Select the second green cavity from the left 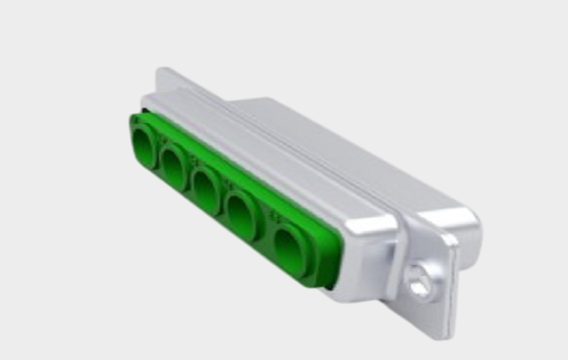click(x=174, y=167)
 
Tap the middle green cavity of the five click(x=205, y=189)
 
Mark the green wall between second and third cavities click(x=189, y=178)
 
